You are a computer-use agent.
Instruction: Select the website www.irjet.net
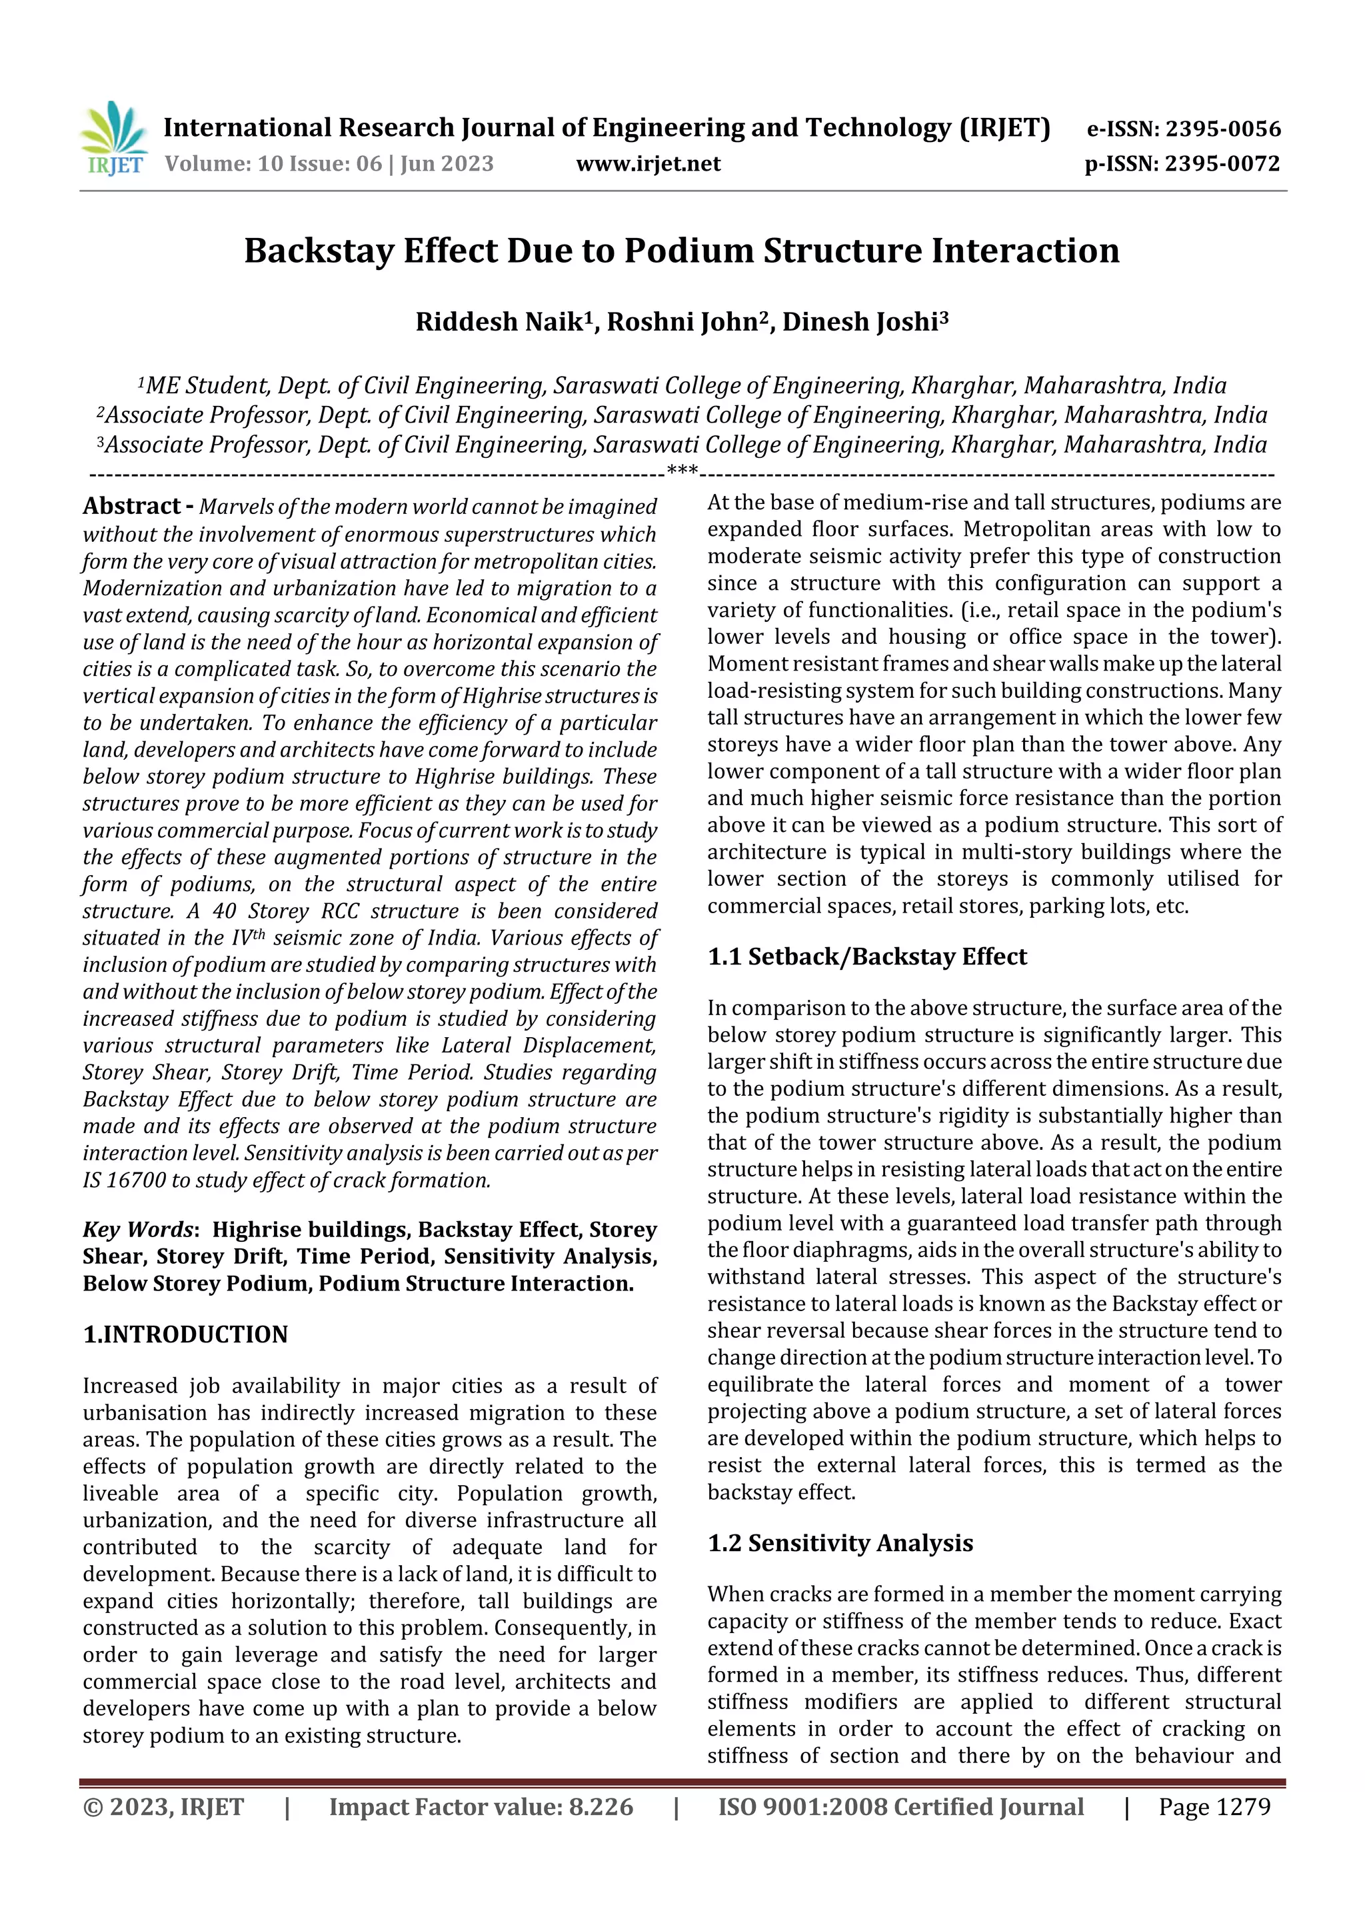click(648, 163)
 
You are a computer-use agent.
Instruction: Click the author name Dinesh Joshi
click(860, 322)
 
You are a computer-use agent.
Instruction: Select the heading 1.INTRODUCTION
click(185, 1334)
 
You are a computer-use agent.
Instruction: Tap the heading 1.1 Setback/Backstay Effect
click(866, 957)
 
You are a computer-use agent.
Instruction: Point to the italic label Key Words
click(138, 1230)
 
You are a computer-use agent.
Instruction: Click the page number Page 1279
click(1214, 1806)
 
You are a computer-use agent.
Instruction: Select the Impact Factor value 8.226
click(601, 1806)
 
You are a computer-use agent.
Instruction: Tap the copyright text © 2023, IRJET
click(163, 1806)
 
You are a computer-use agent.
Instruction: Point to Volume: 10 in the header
click(225, 163)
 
